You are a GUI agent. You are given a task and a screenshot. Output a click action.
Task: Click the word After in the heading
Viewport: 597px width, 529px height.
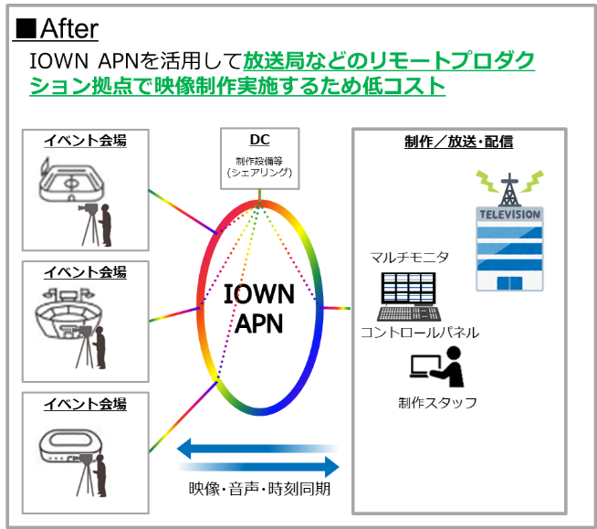[68, 28]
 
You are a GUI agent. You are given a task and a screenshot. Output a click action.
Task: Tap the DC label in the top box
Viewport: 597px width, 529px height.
[259, 140]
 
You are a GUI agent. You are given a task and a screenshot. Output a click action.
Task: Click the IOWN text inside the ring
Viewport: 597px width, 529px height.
[259, 294]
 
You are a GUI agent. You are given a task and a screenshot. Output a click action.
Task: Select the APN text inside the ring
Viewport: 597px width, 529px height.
[259, 323]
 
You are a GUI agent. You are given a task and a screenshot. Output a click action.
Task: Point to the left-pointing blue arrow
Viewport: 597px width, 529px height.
[257, 449]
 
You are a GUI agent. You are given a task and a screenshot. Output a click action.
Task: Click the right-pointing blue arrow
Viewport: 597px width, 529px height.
[259, 467]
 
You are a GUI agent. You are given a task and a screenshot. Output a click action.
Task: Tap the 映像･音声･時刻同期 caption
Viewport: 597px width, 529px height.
[259, 489]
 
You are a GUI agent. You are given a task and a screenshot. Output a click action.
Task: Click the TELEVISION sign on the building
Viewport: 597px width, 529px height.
[509, 214]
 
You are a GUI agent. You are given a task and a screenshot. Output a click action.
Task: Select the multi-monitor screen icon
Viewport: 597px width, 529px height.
[408, 288]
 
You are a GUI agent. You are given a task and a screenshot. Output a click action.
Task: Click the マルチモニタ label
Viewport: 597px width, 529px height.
[410, 258]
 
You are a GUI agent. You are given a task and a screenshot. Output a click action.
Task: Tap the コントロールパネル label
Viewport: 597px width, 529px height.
[420, 333]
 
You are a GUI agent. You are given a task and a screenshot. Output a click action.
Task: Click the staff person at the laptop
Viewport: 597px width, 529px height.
[449, 366]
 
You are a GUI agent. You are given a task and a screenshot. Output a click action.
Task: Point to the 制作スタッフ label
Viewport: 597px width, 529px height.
[437, 403]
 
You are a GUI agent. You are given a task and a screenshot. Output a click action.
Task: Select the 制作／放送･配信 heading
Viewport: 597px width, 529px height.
[458, 142]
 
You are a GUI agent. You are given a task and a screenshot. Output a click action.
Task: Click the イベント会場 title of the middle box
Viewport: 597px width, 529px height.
[85, 272]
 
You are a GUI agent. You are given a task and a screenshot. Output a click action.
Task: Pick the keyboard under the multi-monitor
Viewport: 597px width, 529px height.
[409, 313]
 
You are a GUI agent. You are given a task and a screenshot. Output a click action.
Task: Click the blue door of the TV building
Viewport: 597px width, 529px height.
[509, 283]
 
